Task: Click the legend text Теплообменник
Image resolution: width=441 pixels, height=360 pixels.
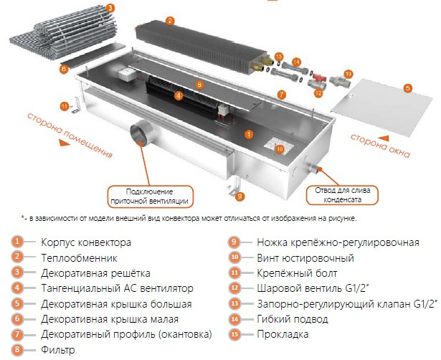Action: [x=77, y=257]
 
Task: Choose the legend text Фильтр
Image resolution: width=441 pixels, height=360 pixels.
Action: [x=60, y=350]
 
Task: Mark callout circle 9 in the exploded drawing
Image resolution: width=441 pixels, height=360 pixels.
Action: [x=241, y=195]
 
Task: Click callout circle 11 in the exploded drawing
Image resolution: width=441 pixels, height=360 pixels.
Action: [x=64, y=106]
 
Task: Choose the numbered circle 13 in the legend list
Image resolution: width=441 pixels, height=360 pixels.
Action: [x=233, y=303]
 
